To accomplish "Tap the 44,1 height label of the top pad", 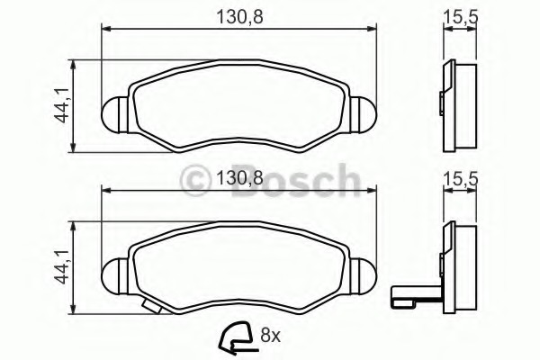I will coord(62,106).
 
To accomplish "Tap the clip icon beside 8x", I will coord(236,337).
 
